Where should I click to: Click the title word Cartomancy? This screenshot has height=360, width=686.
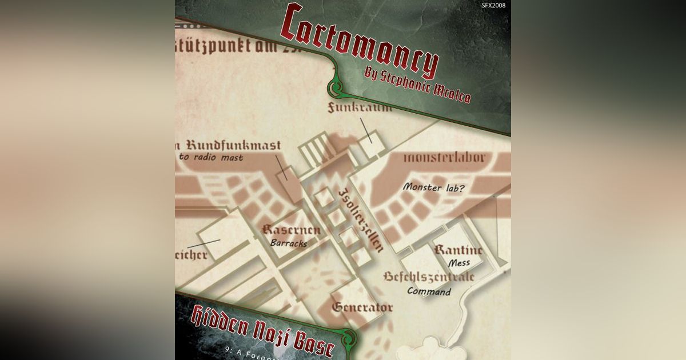pos(359,42)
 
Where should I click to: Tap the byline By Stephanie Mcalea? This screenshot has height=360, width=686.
pos(417,84)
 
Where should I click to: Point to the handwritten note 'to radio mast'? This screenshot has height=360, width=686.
pos(212,158)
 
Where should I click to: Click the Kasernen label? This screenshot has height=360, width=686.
pos(291,231)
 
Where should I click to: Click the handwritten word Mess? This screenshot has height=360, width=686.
pos(459,263)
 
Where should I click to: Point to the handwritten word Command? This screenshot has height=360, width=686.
pos(429,291)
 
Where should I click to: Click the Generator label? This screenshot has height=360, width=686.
pos(362,307)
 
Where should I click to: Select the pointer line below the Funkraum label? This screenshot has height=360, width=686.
pos(366,130)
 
